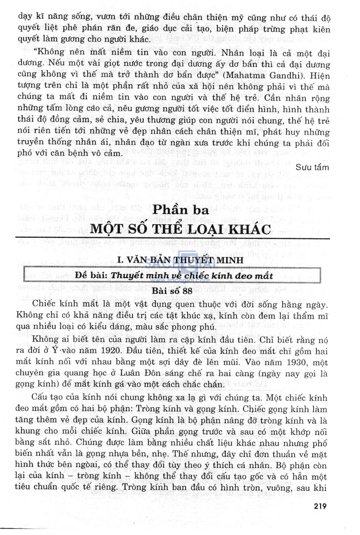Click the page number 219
point(320,506)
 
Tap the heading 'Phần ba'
point(181,210)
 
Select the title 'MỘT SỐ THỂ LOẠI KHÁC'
point(181,229)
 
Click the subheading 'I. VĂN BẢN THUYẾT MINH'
point(180,260)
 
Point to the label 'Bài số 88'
point(172,291)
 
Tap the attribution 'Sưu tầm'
point(312,167)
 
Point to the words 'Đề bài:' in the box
point(91,275)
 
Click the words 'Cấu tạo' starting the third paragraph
point(45,397)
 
